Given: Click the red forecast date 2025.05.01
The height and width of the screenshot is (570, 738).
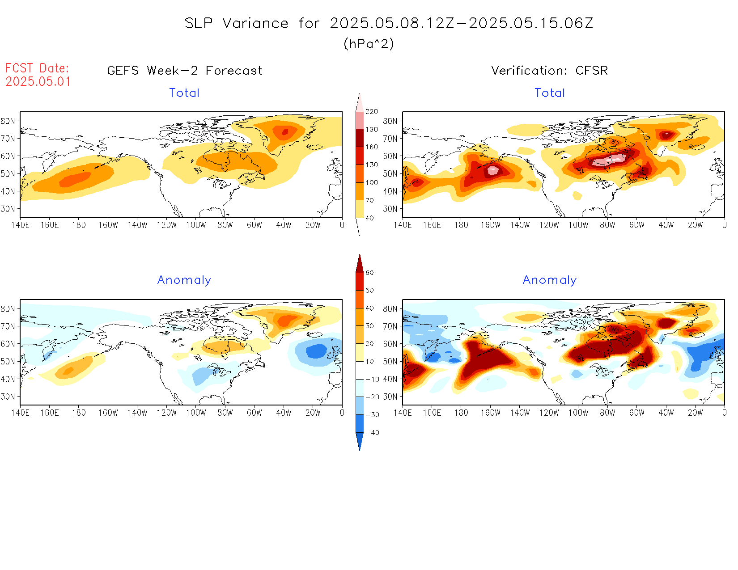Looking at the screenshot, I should coord(38,81).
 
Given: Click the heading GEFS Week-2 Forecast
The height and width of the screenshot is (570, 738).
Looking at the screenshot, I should coord(185,71).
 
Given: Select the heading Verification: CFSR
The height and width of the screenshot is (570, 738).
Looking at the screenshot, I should coord(549,71).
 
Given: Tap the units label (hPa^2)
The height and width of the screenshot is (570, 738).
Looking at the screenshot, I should coord(369,43).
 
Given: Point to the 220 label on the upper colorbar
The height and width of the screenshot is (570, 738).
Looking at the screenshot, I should coord(372,111).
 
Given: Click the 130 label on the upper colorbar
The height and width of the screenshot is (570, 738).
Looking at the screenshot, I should coord(372,165).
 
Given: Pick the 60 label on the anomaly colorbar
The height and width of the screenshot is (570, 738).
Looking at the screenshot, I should coord(369,273).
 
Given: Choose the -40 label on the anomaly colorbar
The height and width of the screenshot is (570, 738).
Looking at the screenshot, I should coord(372,433).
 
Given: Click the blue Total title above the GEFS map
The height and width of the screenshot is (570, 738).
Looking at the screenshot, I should coord(184,93).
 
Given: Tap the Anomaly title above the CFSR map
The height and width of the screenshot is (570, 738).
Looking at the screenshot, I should coord(550,280).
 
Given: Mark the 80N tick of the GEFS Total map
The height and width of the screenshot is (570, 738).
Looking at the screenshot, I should coord(8,121).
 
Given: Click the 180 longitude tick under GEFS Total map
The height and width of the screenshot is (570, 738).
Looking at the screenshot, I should coord(79,225).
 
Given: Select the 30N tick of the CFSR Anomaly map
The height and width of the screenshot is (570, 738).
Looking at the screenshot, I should coord(390,397).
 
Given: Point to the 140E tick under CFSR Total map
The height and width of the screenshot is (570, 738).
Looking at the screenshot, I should coord(403,225).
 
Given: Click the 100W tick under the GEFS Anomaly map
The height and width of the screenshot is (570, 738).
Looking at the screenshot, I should coord(196,413).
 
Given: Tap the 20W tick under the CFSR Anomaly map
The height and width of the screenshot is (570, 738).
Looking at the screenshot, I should coord(695,413).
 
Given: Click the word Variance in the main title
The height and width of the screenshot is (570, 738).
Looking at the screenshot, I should coord(255,23).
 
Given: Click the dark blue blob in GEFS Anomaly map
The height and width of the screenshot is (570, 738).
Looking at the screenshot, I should coord(317,351).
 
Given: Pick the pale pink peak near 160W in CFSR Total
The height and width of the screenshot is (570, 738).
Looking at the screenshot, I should coord(493,170).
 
